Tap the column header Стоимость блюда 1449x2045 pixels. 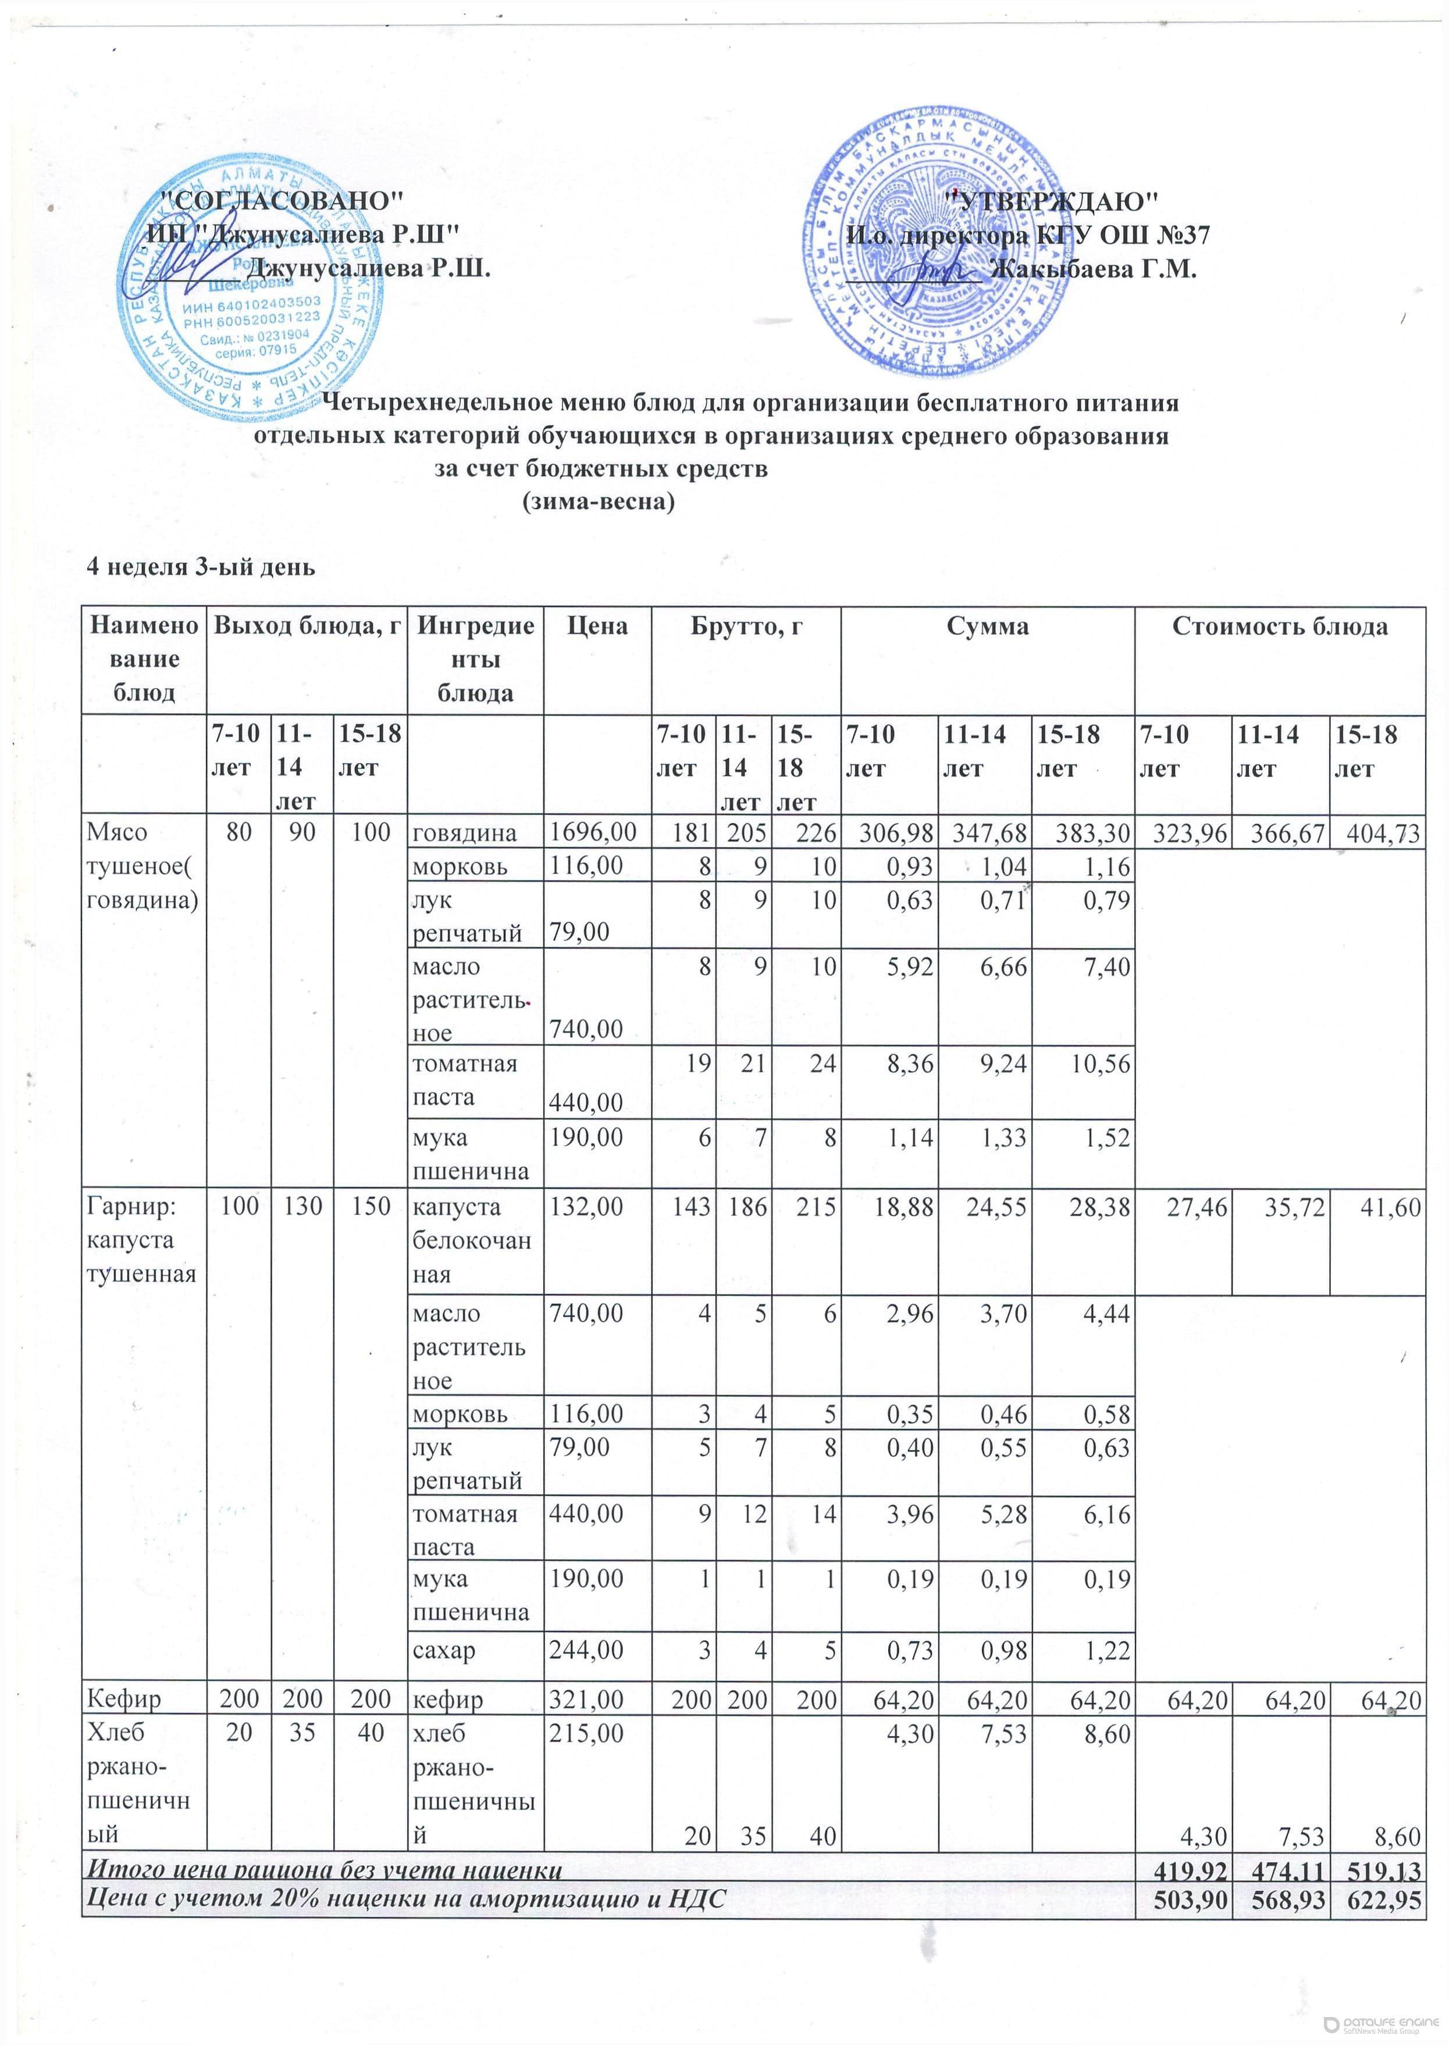1280,627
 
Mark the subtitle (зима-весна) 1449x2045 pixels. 598,502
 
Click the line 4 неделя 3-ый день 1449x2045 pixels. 200,567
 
